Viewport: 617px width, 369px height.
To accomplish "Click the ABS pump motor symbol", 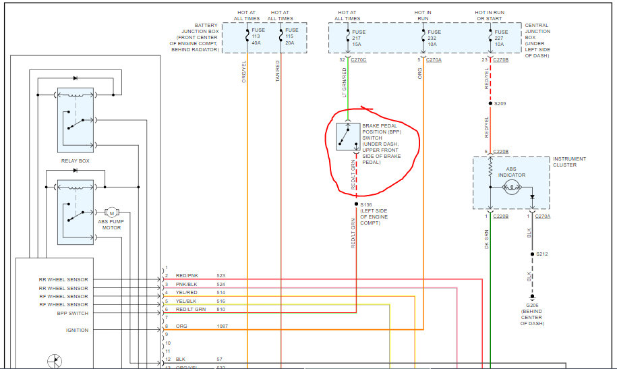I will (112, 212).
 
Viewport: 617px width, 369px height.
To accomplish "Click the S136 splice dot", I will (355, 203).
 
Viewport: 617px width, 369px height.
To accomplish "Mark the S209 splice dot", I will (490, 104).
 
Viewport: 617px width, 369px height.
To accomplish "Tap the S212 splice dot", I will (531, 254).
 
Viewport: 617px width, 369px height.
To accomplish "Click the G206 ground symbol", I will (531, 297).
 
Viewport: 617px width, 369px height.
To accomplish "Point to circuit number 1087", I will (223, 327).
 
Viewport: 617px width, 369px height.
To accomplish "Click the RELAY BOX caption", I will (75, 161).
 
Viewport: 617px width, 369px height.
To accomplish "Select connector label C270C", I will (358, 60).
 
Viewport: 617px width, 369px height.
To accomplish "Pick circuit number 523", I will (221, 276).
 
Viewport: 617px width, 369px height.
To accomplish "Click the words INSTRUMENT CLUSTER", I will (569, 161).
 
